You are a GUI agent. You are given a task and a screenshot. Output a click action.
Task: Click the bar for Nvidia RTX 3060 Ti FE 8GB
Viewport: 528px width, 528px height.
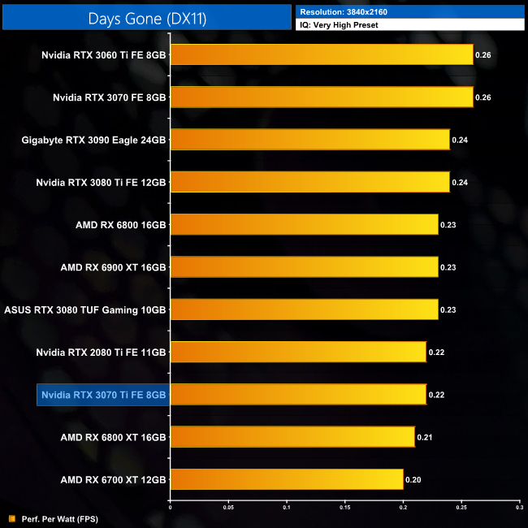[x=321, y=55]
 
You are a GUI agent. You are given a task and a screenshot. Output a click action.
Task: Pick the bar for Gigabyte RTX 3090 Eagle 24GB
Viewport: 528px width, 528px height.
[x=309, y=140]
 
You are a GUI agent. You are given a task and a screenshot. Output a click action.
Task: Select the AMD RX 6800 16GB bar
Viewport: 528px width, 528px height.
[x=304, y=225]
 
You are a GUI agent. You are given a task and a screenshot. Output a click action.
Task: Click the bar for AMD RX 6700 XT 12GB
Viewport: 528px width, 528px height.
[x=286, y=480]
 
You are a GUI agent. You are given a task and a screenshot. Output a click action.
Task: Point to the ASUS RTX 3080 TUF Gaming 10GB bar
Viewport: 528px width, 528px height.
[x=304, y=309]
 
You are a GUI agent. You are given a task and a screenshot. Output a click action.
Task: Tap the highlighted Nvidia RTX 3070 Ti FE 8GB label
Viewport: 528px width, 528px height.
[x=103, y=395]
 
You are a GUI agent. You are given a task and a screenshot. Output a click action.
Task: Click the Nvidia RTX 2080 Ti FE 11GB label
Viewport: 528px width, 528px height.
[x=101, y=353]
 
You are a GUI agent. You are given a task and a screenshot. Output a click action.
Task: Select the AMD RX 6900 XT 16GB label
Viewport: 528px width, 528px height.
[x=113, y=267]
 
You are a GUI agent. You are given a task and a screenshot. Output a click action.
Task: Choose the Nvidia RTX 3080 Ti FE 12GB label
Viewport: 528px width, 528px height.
[x=101, y=182]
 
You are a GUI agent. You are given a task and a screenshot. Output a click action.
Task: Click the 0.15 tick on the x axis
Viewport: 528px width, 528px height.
[x=344, y=507]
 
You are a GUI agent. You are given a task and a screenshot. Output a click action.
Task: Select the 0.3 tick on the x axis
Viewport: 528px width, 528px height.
[x=518, y=507]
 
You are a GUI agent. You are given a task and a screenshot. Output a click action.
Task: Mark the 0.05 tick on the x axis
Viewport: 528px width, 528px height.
[x=228, y=507]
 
